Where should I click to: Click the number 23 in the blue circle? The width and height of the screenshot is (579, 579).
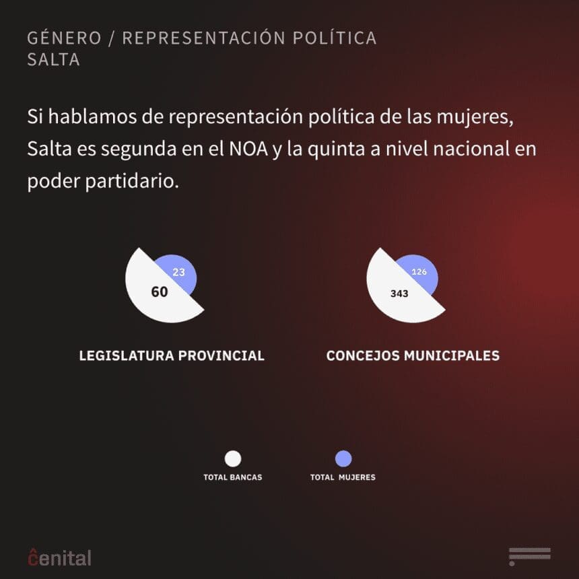178,273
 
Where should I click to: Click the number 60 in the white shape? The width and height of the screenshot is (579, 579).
160,292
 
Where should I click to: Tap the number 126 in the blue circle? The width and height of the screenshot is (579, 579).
419,272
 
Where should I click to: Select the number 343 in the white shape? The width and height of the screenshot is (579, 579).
399,294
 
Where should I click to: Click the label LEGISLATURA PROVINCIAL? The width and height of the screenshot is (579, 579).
172,355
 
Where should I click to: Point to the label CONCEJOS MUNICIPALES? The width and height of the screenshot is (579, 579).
413,355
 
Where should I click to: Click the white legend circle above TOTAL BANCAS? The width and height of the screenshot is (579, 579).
233,459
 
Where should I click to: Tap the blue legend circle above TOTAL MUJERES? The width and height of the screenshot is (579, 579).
343,459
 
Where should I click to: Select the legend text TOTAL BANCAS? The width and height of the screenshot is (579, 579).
233,477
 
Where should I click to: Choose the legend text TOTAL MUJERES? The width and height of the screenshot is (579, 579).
343,477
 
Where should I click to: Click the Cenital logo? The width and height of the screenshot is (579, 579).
60,557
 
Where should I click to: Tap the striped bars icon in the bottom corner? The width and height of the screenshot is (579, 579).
530,556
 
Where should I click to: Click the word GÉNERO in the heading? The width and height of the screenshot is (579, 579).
63,38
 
